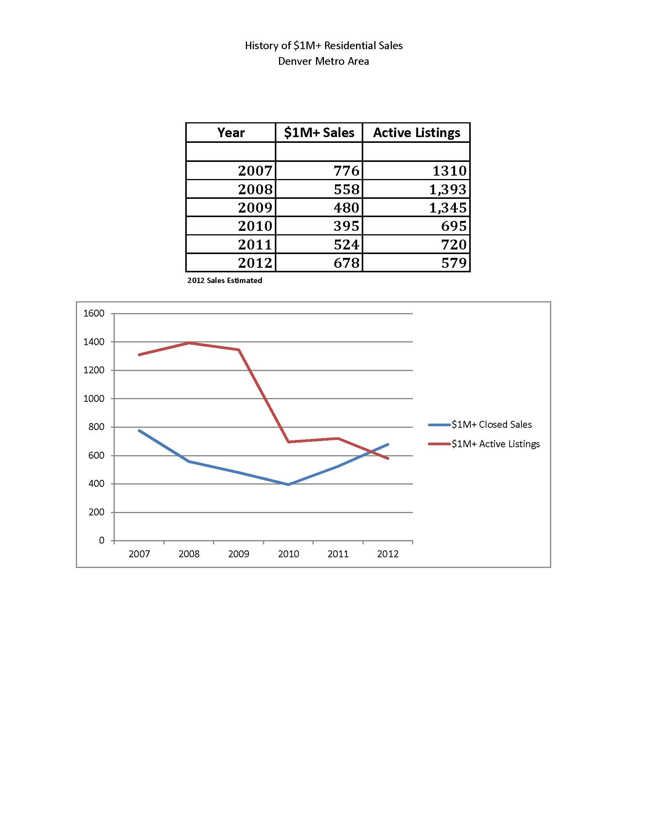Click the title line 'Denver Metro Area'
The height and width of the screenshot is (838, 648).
pos(323,61)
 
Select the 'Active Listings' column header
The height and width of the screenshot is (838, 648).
pos(417,133)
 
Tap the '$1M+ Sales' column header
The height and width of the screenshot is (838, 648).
pos(319,133)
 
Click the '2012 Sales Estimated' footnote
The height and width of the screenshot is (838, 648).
pos(225,280)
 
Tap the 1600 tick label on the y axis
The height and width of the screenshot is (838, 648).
pos(94,313)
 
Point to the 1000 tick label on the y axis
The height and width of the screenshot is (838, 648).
pos(94,399)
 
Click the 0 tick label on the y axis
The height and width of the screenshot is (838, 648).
pos(101,540)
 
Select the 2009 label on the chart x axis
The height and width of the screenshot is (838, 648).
pos(238,554)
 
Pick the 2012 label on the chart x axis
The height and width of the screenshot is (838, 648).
pos(388,554)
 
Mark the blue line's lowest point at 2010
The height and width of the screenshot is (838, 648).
pos(288,485)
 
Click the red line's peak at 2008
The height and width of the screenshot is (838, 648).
pos(189,343)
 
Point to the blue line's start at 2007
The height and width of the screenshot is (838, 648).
pos(139,430)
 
